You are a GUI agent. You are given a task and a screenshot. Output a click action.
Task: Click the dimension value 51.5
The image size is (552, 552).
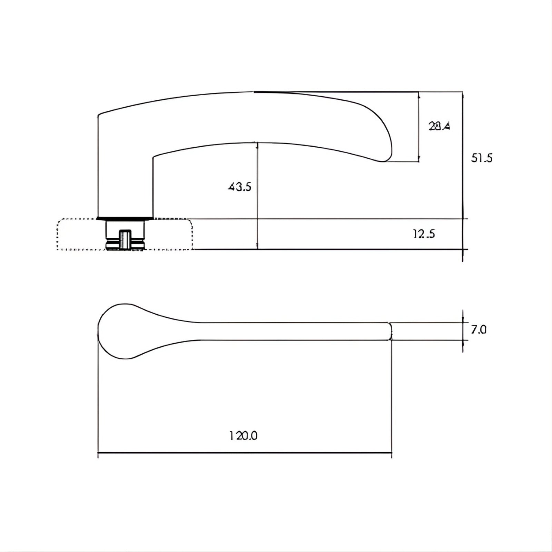(x=482, y=158)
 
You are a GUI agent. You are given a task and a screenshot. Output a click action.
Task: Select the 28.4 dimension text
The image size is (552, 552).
(x=439, y=126)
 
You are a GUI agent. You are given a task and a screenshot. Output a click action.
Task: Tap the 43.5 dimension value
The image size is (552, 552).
(x=240, y=187)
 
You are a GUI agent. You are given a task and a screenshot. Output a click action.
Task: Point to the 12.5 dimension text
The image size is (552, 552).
(x=424, y=234)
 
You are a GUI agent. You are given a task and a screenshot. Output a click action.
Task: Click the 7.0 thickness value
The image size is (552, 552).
(x=479, y=330)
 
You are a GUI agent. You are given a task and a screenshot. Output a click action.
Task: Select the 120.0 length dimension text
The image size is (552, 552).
(x=244, y=436)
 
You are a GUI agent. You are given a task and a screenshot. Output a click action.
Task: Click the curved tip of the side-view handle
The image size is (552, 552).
(x=386, y=152)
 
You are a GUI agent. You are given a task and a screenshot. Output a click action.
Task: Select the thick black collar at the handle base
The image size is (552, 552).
(x=125, y=218)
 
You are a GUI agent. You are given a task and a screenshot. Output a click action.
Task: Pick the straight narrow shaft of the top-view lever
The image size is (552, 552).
(x=293, y=331)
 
